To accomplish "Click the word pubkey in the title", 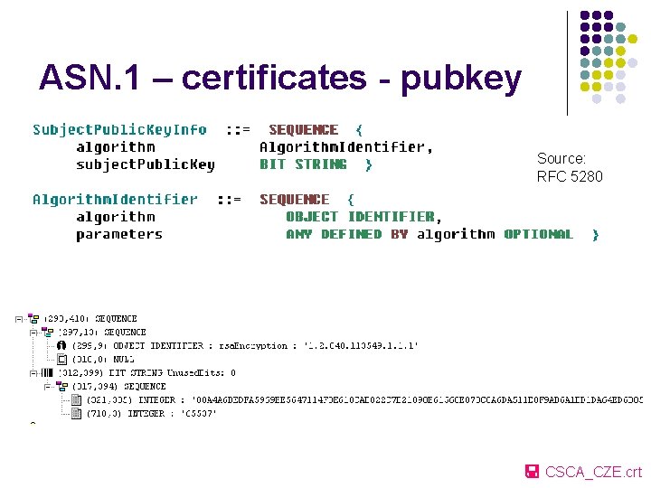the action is pyautogui.click(x=462, y=80).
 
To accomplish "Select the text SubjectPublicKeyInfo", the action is pyautogui.click(x=119, y=129).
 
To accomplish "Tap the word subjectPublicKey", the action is pyautogui.click(x=146, y=164).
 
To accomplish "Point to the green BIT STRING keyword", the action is pyautogui.click(x=303, y=164).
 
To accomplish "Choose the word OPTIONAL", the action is pyautogui.click(x=539, y=234).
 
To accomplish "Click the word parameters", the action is pyautogui.click(x=119, y=234).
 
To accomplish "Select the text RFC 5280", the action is pyautogui.click(x=570, y=176).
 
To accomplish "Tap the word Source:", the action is pyautogui.click(x=561, y=158).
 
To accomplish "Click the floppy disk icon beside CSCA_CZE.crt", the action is pyautogui.click(x=533, y=471).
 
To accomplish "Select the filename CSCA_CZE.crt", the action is pyautogui.click(x=593, y=472).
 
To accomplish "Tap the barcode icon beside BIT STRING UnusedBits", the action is pyautogui.click(x=47, y=372).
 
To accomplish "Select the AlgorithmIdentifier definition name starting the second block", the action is pyautogui.click(x=115, y=200).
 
